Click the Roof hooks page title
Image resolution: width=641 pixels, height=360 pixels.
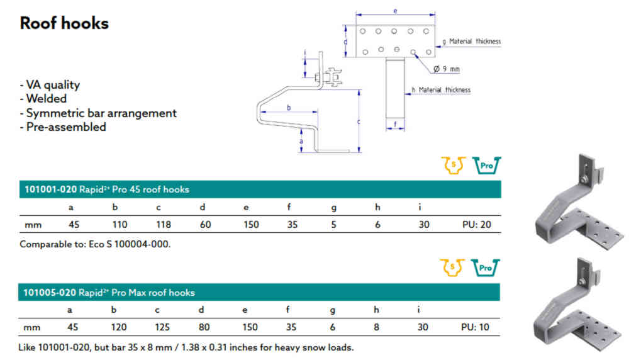pos(64,23)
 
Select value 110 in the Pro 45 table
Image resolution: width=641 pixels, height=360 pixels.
pos(119,225)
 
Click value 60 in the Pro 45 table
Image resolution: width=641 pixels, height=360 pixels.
pos(205,225)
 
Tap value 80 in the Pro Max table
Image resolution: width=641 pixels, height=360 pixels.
pos(205,327)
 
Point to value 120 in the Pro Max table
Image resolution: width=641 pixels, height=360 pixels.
pos(119,327)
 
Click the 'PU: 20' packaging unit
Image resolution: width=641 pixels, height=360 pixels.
pos(476,225)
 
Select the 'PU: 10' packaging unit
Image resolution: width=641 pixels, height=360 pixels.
pos(476,327)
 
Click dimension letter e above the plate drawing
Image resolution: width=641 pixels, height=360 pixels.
pos(395,11)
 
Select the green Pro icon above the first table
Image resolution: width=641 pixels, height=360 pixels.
pos(486,166)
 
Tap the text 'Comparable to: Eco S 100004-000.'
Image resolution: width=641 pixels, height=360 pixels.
pos(95,244)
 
